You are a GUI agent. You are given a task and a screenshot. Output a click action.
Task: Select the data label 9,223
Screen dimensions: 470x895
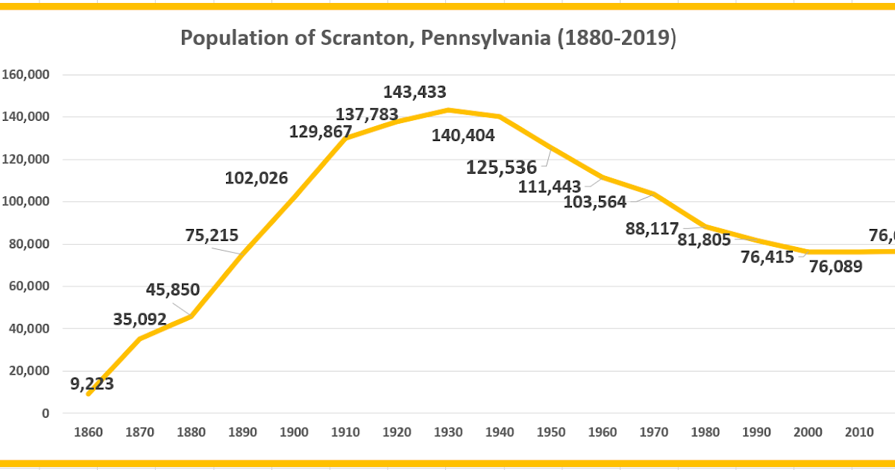[x=92, y=384]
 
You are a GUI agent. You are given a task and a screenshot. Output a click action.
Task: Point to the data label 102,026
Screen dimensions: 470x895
[x=256, y=178]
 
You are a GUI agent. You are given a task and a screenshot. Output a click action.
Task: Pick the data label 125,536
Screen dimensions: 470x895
[x=501, y=166]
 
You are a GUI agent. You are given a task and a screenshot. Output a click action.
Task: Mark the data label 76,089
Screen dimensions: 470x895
[x=835, y=266]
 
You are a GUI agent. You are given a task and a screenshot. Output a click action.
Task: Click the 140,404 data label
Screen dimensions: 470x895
[x=463, y=135]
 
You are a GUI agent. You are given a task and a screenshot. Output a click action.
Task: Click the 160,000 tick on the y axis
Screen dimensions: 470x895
[x=25, y=75]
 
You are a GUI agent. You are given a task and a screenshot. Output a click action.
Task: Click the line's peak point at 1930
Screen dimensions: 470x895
[x=447, y=110]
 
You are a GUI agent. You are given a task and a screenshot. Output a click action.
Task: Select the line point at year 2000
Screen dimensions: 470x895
[x=807, y=251]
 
